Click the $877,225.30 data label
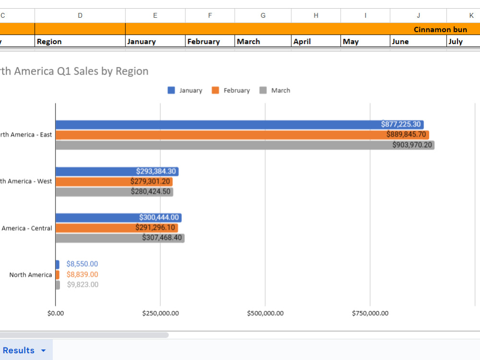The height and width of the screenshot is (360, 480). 401,124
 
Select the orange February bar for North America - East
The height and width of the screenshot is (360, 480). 242,135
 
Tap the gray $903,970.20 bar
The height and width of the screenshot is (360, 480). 245,145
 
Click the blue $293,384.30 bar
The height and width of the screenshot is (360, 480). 117,171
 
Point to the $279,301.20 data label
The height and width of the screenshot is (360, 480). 150,181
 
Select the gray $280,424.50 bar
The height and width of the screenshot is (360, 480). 115,192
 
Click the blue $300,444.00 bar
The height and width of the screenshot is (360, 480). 119,217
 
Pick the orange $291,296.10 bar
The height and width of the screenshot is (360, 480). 117,228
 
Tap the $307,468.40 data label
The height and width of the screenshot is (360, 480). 162,238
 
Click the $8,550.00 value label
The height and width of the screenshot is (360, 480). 82,264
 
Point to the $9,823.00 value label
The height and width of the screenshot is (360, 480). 83,285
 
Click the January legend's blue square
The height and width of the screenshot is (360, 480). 171,90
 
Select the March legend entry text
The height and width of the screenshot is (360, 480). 281,91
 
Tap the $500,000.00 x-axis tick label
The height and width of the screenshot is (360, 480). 265,313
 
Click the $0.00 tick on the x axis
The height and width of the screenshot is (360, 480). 56,313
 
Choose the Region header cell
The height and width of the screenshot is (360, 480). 80,41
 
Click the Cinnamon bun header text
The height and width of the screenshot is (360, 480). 440,29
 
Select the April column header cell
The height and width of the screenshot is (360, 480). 316,41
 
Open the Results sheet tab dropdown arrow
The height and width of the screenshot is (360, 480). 44,350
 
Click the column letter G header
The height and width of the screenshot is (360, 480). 263,16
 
